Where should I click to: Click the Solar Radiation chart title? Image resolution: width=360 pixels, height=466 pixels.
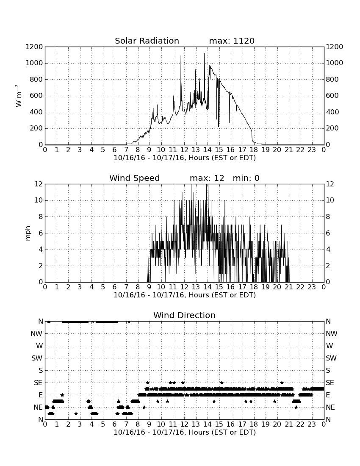click(x=147, y=41)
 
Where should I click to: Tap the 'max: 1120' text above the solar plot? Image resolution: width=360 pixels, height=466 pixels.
click(x=232, y=41)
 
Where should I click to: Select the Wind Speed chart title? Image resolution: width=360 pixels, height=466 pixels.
click(x=135, y=178)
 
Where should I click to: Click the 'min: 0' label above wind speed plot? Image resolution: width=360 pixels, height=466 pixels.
click(x=246, y=178)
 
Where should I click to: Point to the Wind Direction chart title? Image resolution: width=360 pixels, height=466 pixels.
click(x=184, y=315)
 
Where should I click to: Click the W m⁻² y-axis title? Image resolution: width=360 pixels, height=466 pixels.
click(x=18, y=96)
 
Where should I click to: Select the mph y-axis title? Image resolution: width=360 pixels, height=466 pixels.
click(x=28, y=233)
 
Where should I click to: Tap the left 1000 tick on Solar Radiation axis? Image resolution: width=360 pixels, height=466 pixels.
click(x=34, y=63)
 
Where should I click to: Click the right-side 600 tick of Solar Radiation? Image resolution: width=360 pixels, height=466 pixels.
click(x=332, y=96)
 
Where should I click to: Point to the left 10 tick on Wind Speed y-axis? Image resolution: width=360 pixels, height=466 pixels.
click(x=39, y=200)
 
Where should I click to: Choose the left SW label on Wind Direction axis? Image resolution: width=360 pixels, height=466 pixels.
click(x=37, y=358)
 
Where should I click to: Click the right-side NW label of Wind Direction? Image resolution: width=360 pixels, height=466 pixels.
click(x=332, y=333)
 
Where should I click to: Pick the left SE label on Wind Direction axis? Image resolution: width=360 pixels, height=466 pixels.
click(x=38, y=383)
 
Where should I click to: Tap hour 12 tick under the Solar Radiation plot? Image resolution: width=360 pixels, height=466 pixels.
click(x=184, y=150)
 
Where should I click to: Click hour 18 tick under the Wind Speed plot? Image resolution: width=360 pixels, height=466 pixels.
click(x=254, y=287)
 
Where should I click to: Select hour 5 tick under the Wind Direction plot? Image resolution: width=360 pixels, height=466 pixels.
click(x=103, y=424)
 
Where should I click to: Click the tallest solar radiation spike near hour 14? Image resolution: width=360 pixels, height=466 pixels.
click(x=205, y=53)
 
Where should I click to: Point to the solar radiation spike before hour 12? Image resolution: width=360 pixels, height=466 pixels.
click(x=181, y=56)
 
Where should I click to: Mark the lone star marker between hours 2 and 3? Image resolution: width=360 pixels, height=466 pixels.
click(x=76, y=413)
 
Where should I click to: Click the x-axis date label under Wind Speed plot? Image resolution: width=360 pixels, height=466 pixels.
click(x=185, y=295)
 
